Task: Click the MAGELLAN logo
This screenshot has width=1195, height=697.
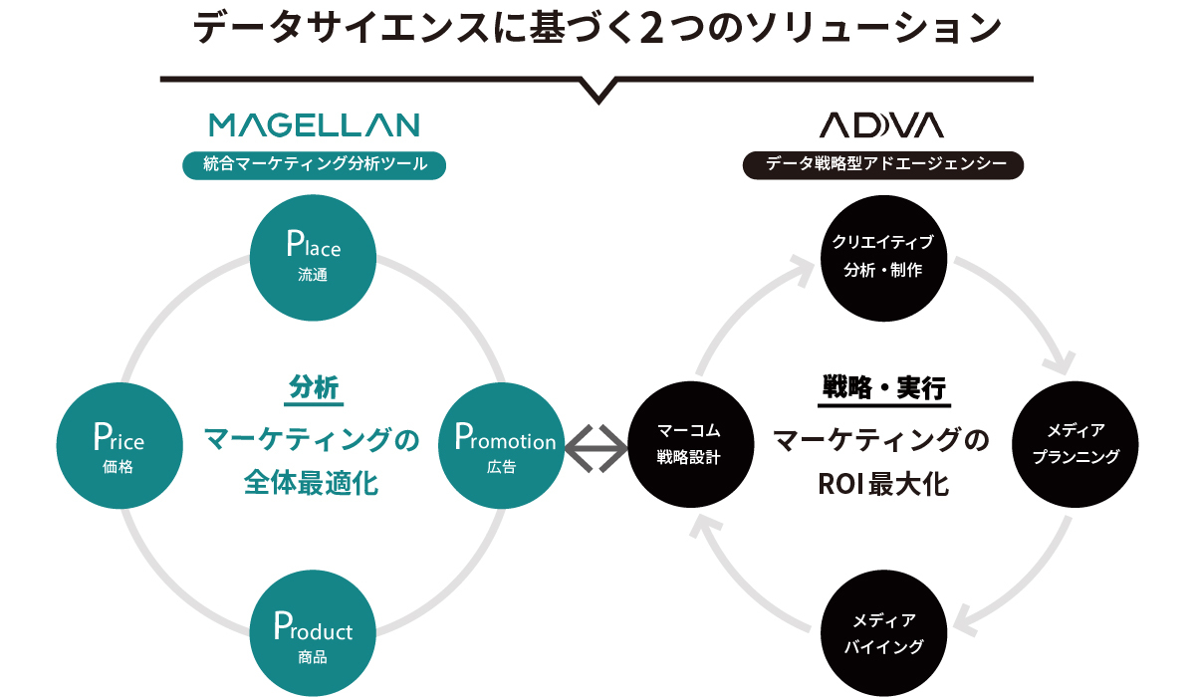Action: pyautogui.click(x=315, y=125)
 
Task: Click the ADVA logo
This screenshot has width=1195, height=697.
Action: pyautogui.click(x=882, y=125)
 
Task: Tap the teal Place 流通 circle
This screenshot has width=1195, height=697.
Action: pyautogui.click(x=313, y=258)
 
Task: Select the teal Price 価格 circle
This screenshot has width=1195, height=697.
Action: pyautogui.click(x=119, y=445)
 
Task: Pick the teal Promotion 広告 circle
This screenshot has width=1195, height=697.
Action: pyautogui.click(x=502, y=445)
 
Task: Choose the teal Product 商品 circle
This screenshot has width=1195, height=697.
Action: pyautogui.click(x=313, y=633)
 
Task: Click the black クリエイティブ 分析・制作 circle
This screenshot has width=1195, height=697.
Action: pyautogui.click(x=883, y=258)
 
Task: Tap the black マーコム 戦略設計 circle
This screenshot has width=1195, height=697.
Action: pyautogui.click(x=691, y=444)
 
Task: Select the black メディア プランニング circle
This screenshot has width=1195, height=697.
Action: pyautogui.click(x=1075, y=444)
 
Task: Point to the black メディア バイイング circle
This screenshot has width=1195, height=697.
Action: pyautogui.click(x=883, y=633)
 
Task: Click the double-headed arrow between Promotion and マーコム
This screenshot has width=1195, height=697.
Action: pyautogui.click(x=597, y=448)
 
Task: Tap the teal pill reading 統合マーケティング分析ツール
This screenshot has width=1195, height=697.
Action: pyautogui.click(x=315, y=165)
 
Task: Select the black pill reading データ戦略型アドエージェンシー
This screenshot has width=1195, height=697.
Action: pyautogui.click(x=883, y=165)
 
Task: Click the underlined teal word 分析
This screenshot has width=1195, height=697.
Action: pyautogui.click(x=314, y=387)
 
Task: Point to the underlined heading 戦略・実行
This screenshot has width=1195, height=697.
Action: pyautogui.click(x=884, y=388)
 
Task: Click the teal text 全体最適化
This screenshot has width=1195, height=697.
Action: pyautogui.click(x=311, y=484)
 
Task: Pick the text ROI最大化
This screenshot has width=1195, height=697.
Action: pyautogui.click(x=883, y=485)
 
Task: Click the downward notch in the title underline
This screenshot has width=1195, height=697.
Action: pyautogui.click(x=598, y=91)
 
